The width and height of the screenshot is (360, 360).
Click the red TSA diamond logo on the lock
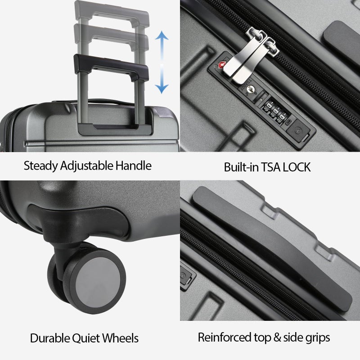[x=221, y=66]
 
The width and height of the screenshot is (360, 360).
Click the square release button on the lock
[x=298, y=128]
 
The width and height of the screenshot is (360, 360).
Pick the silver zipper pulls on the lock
[x=250, y=54]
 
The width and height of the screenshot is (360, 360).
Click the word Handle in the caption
[x=133, y=166]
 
